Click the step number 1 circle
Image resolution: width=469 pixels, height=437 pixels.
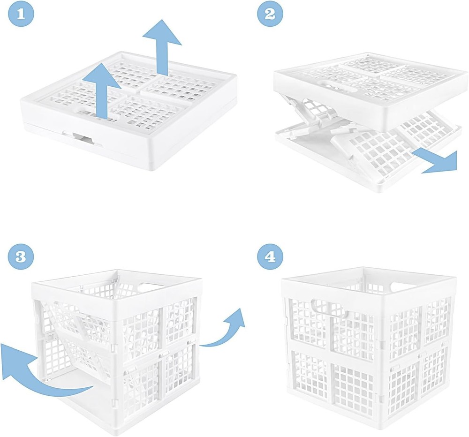[x=19, y=14]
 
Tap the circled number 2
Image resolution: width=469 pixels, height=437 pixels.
[x=270, y=14]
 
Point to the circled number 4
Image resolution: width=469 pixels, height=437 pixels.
[x=270, y=256]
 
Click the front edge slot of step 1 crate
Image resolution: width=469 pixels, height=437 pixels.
[x=83, y=137]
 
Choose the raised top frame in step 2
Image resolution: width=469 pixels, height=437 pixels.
[x=371, y=89]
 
